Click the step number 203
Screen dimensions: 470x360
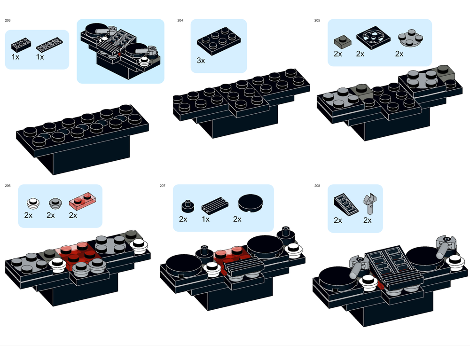(8, 20)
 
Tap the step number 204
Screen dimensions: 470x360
(180, 20)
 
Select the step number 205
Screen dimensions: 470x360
(317, 20)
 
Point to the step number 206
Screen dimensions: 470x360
(8, 186)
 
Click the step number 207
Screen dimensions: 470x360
(163, 186)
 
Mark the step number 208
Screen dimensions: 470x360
(317, 186)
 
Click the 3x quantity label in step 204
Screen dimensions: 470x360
(201, 61)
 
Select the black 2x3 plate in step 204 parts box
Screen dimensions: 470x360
(217, 41)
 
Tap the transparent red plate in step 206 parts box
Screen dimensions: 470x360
(82, 200)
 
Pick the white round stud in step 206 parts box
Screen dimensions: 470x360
(33, 203)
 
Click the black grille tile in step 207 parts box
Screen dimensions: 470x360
(215, 205)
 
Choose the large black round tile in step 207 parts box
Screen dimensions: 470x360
(251, 203)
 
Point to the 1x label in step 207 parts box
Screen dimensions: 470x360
(206, 219)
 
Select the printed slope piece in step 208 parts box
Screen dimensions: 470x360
(346, 204)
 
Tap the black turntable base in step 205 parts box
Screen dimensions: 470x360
(374, 38)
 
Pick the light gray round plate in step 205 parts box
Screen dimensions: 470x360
(410, 38)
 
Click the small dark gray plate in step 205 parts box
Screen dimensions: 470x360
(343, 41)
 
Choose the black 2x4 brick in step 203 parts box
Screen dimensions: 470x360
(21, 45)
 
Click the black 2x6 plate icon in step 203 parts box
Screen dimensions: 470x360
(49, 45)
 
